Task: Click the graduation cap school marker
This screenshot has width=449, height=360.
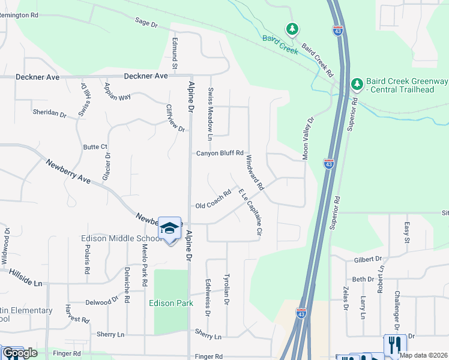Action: [x=170, y=229]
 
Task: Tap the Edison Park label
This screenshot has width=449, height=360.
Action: [x=171, y=303]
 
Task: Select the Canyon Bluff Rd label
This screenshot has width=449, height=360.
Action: [x=220, y=154]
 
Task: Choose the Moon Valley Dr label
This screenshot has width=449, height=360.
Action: [x=308, y=139]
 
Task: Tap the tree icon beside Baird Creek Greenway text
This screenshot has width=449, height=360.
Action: [x=357, y=83]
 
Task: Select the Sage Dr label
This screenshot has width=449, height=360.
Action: [x=146, y=23]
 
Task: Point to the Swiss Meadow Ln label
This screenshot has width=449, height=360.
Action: [x=210, y=115]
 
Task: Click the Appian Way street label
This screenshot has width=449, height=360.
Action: [x=117, y=91]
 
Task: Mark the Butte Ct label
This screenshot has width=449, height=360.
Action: [x=95, y=146]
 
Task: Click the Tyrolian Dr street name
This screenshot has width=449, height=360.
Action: [x=226, y=290]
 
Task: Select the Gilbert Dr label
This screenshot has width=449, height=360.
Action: [x=367, y=259]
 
